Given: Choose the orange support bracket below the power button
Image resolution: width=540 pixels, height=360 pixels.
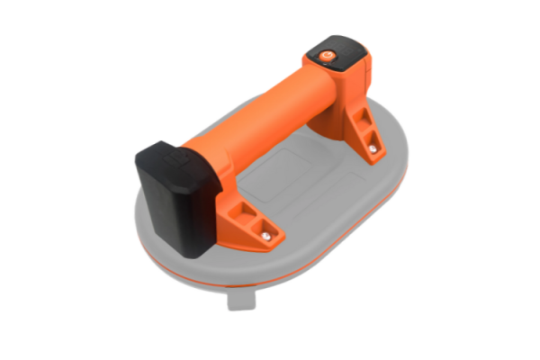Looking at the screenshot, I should (x=364, y=135).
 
